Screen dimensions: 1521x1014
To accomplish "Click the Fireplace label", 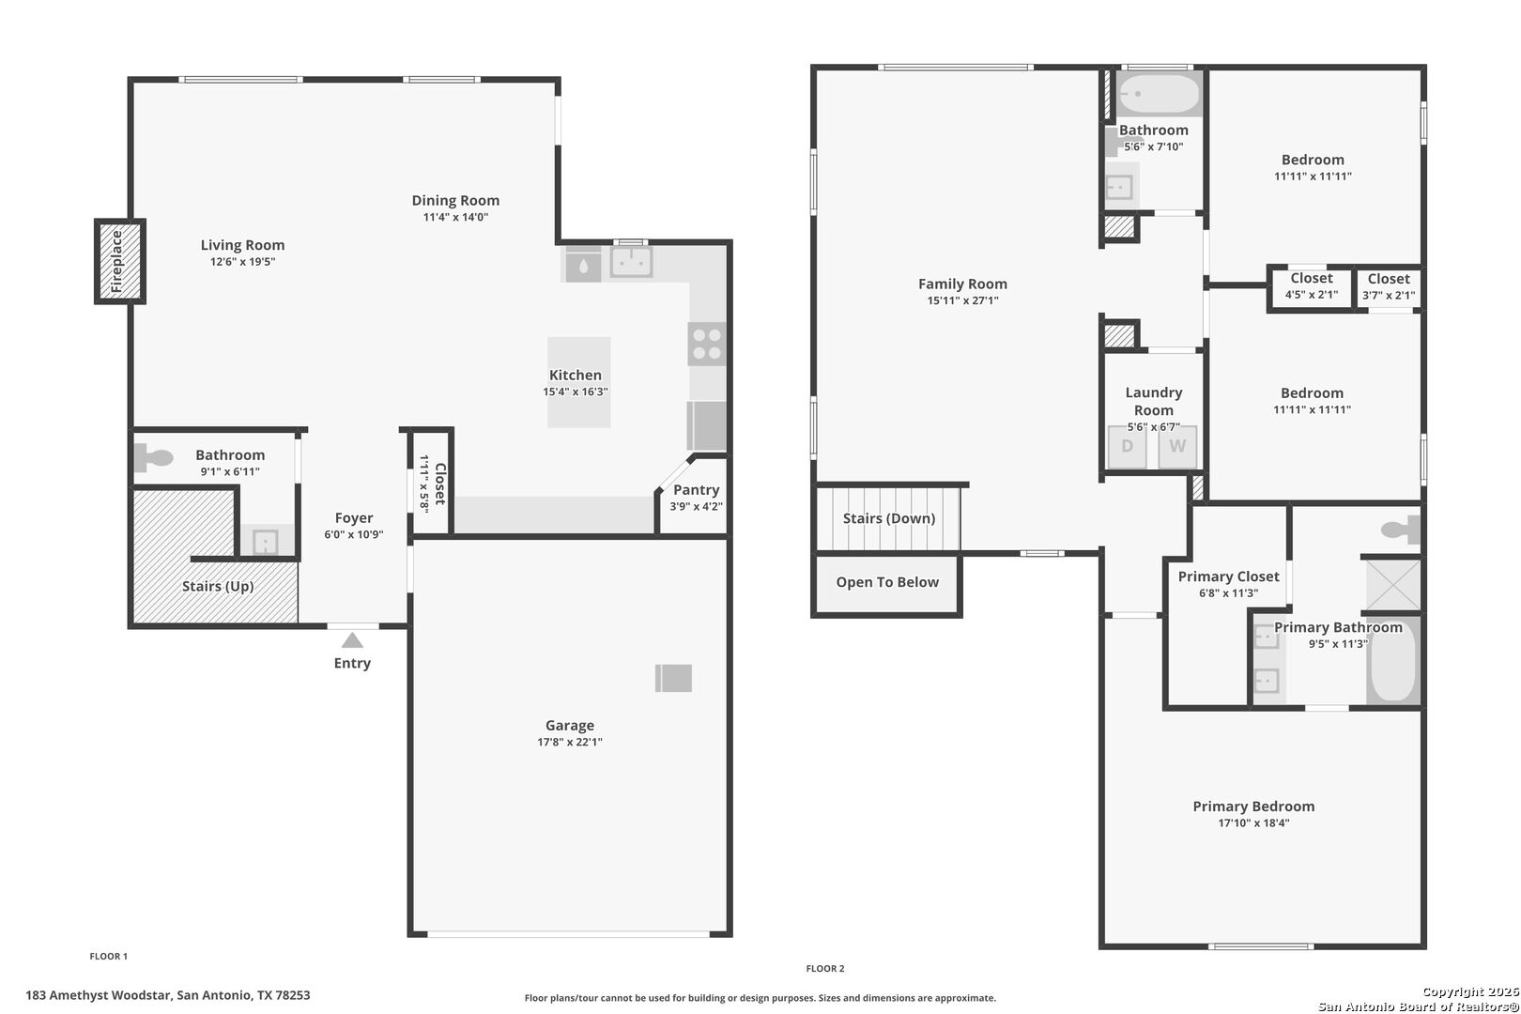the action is click(116, 261).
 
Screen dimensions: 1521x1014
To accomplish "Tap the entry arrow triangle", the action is click(352, 640).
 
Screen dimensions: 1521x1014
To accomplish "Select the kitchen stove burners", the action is click(707, 344).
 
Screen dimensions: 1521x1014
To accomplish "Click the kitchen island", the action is click(578, 382).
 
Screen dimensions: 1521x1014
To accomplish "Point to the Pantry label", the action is click(696, 490).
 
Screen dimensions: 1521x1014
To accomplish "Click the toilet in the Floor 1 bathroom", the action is click(153, 457).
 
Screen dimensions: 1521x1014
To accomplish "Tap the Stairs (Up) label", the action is click(218, 586).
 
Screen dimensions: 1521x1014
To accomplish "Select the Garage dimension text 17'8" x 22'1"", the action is click(570, 742).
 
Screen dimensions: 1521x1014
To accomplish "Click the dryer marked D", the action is click(1127, 447).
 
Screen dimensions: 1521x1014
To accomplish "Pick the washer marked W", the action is click(1177, 447).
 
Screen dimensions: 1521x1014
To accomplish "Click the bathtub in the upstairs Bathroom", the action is click(1159, 94).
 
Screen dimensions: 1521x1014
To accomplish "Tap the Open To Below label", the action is click(887, 582).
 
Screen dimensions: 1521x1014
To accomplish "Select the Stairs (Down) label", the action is click(889, 518).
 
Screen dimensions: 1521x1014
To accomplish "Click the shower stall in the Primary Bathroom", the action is click(1392, 585).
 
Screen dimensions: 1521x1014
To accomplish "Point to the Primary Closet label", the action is click(1228, 576).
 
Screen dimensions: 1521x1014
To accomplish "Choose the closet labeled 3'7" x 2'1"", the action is click(1389, 287).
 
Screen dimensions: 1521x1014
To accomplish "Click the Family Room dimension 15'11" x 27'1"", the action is click(963, 300).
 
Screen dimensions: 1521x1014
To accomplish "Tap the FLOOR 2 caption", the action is click(825, 969).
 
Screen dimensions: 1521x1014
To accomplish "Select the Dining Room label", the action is click(455, 200).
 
